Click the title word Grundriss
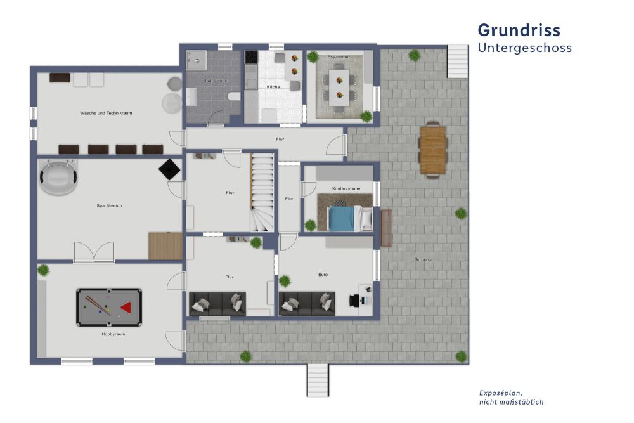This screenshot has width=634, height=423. [x=519, y=30]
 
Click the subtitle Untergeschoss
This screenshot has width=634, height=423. [x=524, y=48]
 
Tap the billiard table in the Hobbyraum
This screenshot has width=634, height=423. [x=109, y=308]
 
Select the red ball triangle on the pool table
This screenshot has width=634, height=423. [x=126, y=308]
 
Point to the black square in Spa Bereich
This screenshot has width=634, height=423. [x=169, y=169]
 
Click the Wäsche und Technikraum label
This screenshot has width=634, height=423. [x=106, y=113]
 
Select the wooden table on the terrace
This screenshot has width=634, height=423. [x=433, y=150]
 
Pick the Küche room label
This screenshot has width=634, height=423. [x=273, y=86]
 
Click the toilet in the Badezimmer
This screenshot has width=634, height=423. [x=233, y=96]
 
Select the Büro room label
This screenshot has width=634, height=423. [x=323, y=275]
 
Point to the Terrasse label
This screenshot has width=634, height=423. [x=424, y=259]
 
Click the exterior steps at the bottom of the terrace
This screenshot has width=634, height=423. [x=318, y=380]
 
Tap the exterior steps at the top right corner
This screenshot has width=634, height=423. [x=457, y=60]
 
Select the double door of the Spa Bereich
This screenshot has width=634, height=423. [x=94, y=252]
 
